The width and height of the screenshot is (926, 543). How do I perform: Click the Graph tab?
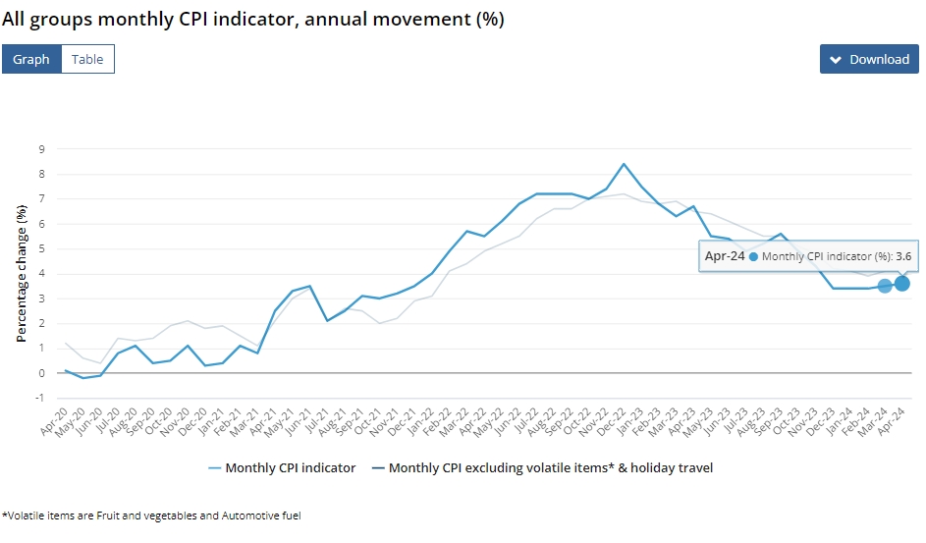coord(31,59)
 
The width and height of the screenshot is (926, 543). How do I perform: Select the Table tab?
coord(87,59)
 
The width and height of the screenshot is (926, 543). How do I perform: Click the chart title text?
coord(252,20)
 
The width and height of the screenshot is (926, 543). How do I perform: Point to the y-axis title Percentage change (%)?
coord(22,273)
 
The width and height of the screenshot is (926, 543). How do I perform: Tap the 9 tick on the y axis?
coord(42,149)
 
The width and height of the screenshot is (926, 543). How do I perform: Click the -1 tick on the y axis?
coord(39,398)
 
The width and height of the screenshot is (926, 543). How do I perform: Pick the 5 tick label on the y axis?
coord(42,248)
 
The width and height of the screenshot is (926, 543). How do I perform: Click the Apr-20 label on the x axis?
coord(54,421)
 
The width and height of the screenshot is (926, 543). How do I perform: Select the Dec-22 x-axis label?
coord(611,421)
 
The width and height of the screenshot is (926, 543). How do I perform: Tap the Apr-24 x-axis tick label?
coord(891,421)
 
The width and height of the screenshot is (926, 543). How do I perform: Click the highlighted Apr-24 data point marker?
coord(901,284)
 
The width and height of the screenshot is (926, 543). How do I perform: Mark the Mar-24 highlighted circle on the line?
coord(885,286)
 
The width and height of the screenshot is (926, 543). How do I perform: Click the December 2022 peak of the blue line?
coord(624,164)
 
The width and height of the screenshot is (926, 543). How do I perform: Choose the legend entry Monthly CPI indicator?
coord(282,468)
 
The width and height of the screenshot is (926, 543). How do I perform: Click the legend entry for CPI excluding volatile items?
coord(542,468)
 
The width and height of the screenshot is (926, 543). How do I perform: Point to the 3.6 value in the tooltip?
coord(903,256)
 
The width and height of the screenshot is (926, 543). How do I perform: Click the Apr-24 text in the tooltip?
coord(725,256)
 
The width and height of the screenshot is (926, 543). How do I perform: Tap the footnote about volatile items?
coord(152,516)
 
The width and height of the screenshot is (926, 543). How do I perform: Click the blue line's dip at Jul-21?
coord(327,320)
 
